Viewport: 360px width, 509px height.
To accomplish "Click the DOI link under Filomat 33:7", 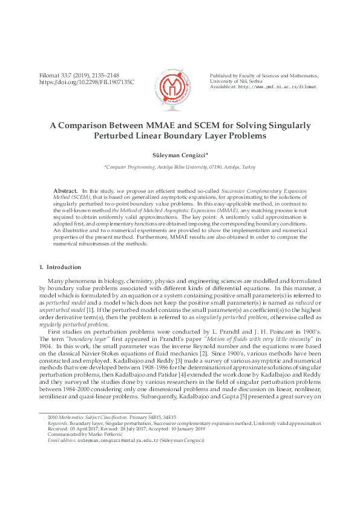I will click(x=87, y=82).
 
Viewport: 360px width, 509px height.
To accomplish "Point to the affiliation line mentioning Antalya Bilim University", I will click(x=180, y=166).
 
